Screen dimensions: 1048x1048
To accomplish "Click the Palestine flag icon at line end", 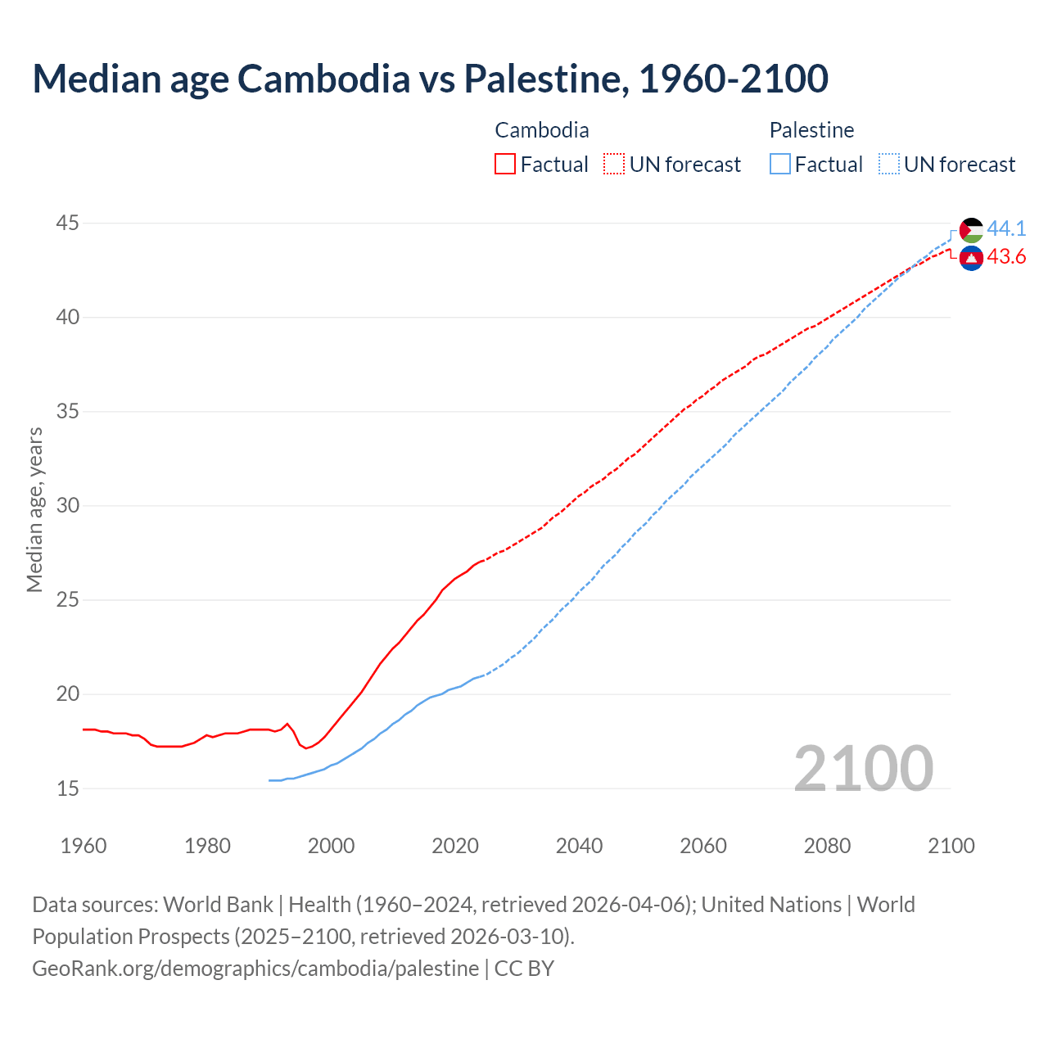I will [x=971, y=230].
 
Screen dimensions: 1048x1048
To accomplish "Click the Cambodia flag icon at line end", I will [x=971, y=258].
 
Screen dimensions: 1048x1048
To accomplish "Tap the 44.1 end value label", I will [x=1006, y=228].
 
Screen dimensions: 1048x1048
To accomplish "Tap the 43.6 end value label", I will [x=1006, y=257].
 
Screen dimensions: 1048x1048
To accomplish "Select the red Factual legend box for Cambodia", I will [x=505, y=165].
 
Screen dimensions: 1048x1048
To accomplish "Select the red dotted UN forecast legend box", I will [x=614, y=165].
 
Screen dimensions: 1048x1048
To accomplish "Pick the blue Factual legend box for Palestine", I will [x=780, y=165].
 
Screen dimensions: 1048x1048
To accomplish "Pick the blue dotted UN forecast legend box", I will [x=888, y=165].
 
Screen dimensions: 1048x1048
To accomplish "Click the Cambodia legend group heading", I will [x=542, y=130].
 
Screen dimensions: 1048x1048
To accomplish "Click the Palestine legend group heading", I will [x=811, y=130].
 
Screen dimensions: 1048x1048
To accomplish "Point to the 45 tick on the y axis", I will [x=68, y=223].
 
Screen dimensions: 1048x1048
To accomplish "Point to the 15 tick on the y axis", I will [x=68, y=788].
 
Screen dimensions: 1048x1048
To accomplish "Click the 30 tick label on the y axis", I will [x=68, y=505].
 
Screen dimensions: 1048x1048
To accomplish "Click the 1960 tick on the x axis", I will [x=84, y=846].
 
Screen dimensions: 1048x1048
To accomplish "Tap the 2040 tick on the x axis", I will [x=579, y=846].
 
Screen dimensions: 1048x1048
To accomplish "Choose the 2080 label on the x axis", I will [x=827, y=846].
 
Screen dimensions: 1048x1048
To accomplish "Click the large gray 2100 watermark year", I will [x=864, y=768].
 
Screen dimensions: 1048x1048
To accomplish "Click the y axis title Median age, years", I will [x=34, y=509].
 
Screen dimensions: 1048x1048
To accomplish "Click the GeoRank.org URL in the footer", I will [x=255, y=968].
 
